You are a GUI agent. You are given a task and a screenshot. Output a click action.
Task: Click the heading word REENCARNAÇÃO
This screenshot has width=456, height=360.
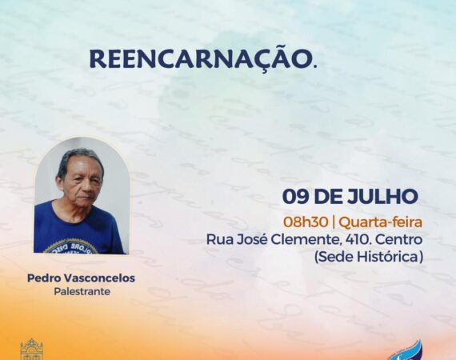pos(203,58)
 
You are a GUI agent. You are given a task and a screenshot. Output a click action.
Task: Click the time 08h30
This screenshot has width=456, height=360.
pos(306,222)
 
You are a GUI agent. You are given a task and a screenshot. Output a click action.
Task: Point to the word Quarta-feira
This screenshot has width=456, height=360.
pos(380,222)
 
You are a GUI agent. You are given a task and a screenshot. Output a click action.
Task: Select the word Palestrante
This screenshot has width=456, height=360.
pos(82,291)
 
